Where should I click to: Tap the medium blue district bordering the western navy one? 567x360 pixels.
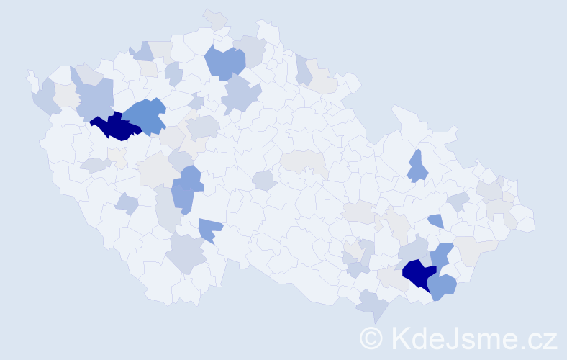pyautogui.click(x=146, y=115)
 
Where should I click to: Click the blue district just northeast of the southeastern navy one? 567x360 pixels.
pyautogui.click(x=441, y=253)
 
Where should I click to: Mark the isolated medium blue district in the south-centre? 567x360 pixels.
pyautogui.click(x=210, y=230)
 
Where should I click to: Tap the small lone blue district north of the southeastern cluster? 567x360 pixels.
pyautogui.click(x=435, y=220)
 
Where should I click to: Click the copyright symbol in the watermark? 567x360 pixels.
pyautogui.click(x=371, y=338)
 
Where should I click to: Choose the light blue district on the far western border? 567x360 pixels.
pyautogui.click(x=45, y=98)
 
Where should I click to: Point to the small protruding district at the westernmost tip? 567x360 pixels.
pyautogui.click(x=30, y=76)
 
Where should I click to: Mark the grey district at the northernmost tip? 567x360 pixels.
pyautogui.click(x=214, y=18)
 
